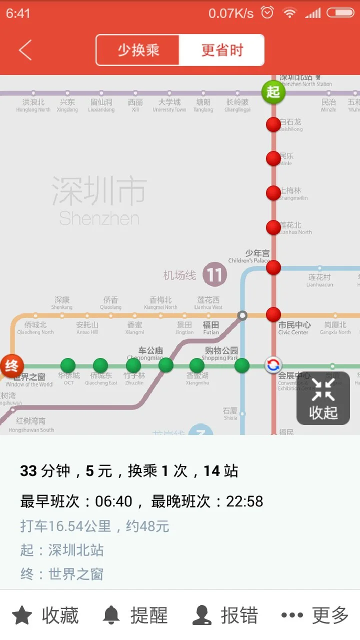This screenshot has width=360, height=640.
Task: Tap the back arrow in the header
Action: click(25, 50)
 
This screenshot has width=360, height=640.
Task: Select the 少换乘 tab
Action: click(138, 50)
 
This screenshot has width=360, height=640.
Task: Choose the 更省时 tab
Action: click(222, 50)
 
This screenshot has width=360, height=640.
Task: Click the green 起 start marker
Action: click(273, 92)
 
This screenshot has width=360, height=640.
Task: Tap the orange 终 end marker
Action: click(11, 365)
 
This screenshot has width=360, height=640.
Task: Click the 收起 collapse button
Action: click(323, 398)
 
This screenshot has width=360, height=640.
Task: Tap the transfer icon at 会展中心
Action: click(273, 365)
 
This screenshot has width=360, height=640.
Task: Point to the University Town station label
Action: click(169, 105)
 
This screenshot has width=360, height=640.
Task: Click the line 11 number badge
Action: click(214, 275)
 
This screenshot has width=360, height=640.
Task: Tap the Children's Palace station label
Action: click(249, 256)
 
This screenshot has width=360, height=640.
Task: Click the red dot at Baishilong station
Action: click(273, 124)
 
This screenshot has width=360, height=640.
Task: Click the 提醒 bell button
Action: click(135, 615)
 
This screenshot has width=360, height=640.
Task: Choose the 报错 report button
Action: click(225, 615)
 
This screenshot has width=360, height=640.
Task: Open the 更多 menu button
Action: click(315, 615)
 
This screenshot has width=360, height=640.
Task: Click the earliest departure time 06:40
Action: click(114, 501)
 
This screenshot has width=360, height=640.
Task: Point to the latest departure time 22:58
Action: click(244, 501)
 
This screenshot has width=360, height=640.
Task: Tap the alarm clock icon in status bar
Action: click(267, 13)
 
